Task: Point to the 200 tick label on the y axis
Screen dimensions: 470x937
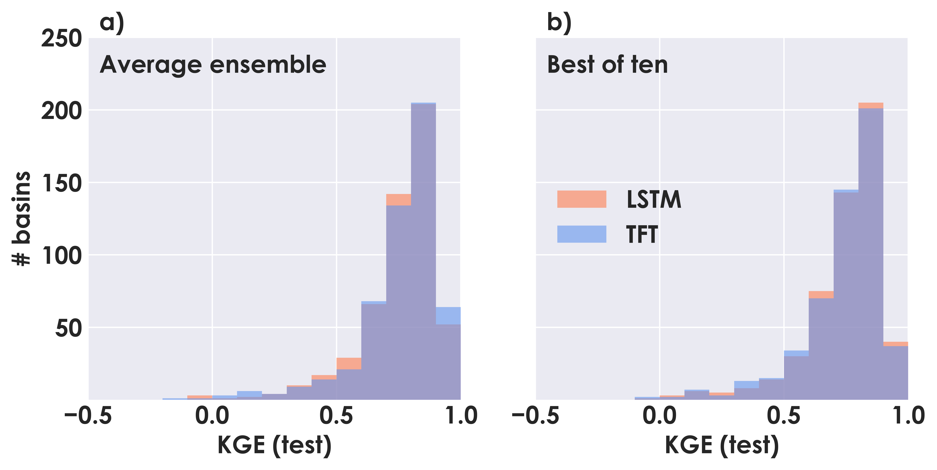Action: click(x=61, y=111)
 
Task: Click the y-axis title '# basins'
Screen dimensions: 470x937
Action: click(x=21, y=218)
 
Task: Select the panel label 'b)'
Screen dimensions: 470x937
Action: click(x=559, y=23)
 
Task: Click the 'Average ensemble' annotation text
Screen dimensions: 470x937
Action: click(x=213, y=65)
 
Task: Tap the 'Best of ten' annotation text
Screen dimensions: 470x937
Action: click(x=607, y=65)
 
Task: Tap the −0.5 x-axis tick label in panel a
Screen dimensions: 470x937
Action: click(x=88, y=416)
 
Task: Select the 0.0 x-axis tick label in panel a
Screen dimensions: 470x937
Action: click(x=212, y=416)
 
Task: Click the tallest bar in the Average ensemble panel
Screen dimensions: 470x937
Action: click(x=423, y=251)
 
